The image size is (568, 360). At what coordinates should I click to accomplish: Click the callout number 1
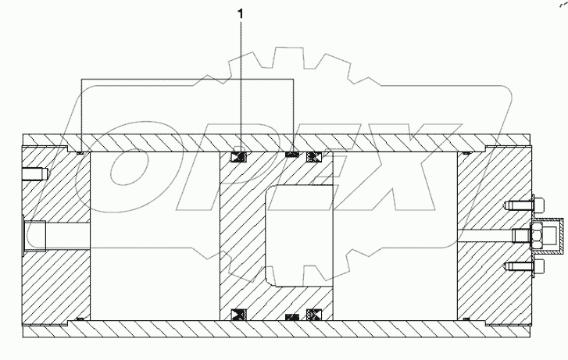[x=241, y=14]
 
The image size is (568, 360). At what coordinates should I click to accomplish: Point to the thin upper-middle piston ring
[x=291, y=154]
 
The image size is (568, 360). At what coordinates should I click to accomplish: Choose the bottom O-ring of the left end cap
[x=80, y=319]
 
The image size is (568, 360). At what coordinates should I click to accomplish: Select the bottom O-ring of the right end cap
[x=466, y=319]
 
